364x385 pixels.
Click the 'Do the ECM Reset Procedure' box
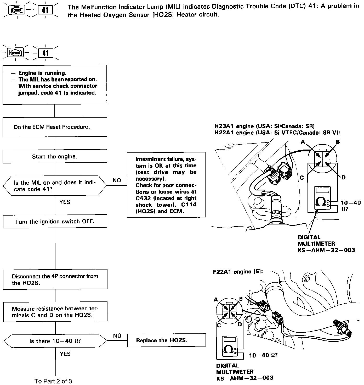(x=55, y=127)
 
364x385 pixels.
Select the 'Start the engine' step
(x=55, y=157)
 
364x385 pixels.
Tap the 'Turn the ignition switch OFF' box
(x=55, y=222)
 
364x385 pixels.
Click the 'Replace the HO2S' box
(x=166, y=340)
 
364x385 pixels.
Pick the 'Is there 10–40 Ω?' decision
(x=55, y=341)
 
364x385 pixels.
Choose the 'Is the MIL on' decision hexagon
(x=55, y=186)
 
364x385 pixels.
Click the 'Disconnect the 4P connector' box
(x=55, y=279)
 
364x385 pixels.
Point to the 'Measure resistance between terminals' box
(x=55, y=312)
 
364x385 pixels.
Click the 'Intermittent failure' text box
(x=166, y=185)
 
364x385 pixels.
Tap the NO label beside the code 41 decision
(x=117, y=180)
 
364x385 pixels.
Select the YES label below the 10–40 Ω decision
(x=65, y=354)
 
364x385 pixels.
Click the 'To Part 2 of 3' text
(x=53, y=381)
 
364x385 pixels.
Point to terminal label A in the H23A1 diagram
(x=303, y=142)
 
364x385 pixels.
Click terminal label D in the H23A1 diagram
(x=343, y=178)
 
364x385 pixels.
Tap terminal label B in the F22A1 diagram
(x=241, y=299)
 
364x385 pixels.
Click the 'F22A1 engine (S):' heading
(x=238, y=272)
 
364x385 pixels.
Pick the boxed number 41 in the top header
(x=45, y=10)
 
